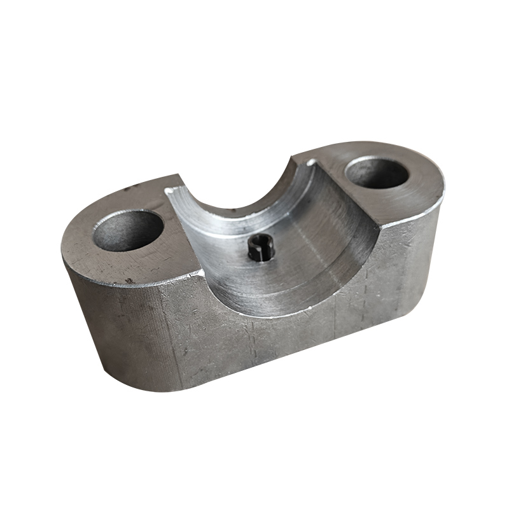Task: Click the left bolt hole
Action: coord(128,230)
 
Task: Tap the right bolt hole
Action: coord(377,172)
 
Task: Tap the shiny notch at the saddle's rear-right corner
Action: coord(310,163)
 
